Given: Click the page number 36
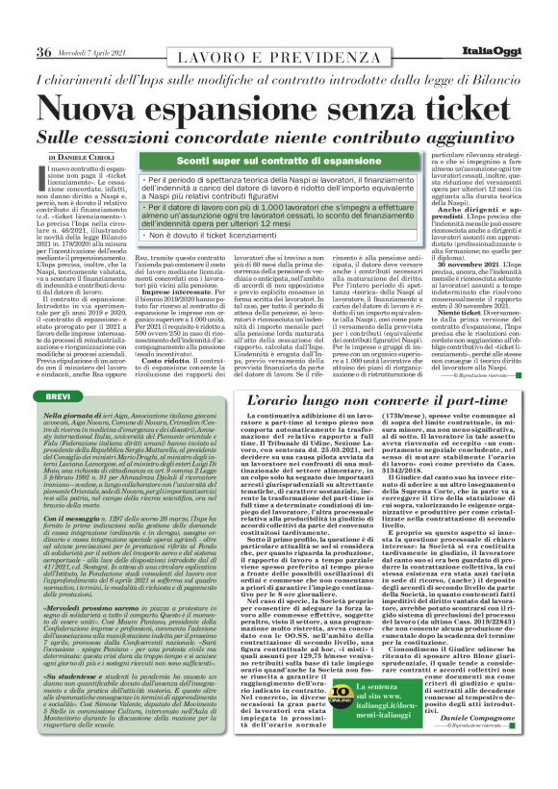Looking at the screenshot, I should coord(44,51).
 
